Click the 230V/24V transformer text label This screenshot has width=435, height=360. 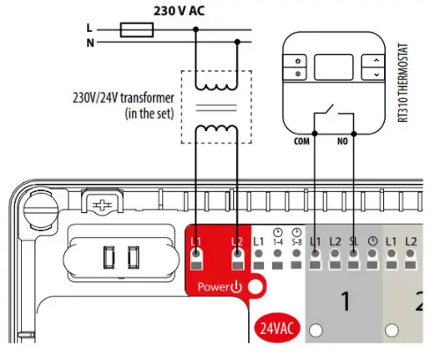pyautogui.click(x=124, y=103)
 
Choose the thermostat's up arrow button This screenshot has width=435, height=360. pyautogui.click(x=376, y=60)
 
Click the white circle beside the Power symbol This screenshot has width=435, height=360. pyautogui.click(x=254, y=287)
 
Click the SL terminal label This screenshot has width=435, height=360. pyautogui.click(x=354, y=241)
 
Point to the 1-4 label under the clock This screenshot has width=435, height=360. pyautogui.click(x=278, y=241)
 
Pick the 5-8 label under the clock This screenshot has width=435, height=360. pyautogui.click(x=296, y=241)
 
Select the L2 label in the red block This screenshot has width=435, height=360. pyautogui.click(x=237, y=243)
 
